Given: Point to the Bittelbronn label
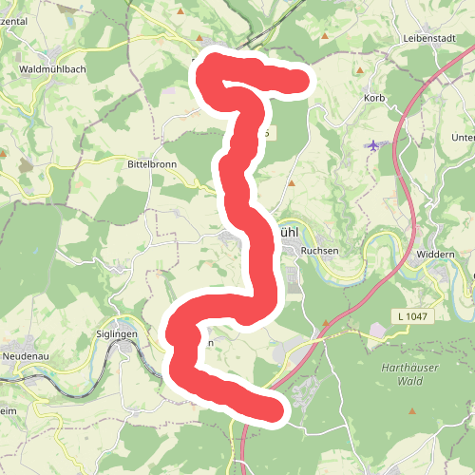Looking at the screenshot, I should (152, 164).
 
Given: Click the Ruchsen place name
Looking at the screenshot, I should (318, 251).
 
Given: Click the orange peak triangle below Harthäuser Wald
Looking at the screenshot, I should (412, 411).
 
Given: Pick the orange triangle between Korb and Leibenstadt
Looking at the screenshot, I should (359, 70).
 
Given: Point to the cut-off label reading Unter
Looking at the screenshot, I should (463, 138).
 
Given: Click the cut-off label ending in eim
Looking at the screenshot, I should (9, 409).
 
